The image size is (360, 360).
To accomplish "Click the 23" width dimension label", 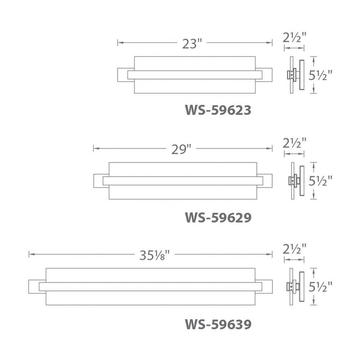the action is (192, 44).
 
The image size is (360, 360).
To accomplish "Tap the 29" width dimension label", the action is (181, 149).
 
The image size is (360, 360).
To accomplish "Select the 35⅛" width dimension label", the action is (154, 255).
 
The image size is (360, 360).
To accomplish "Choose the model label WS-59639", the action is (218, 324).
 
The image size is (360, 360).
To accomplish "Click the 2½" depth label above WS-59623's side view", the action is (294, 38).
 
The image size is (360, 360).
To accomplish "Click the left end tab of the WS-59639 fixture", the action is (34, 287).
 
